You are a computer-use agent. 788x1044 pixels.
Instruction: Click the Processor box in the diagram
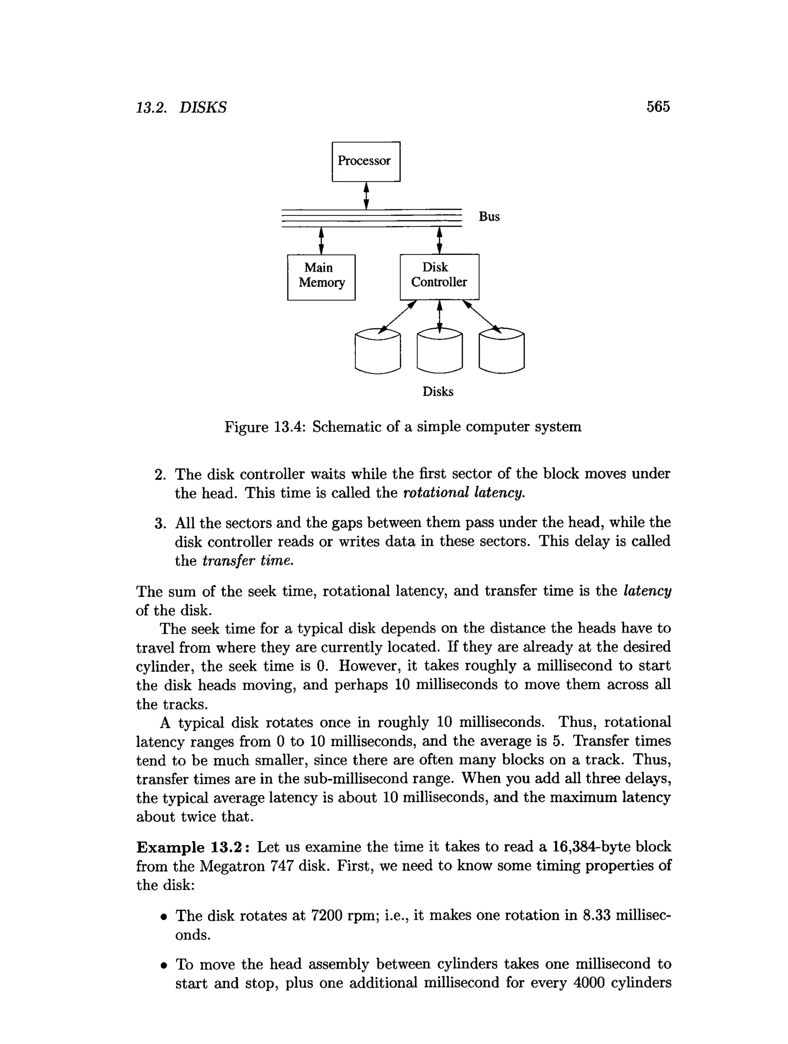[x=366, y=161]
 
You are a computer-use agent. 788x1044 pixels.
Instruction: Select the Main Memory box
[x=321, y=277]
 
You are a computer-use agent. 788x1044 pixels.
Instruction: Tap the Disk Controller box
[x=439, y=277]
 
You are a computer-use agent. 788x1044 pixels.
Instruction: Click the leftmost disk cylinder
[x=377, y=352]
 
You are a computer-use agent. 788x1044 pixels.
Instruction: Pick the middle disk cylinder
[x=440, y=352]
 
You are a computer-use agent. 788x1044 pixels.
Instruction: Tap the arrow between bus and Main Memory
[x=321, y=241]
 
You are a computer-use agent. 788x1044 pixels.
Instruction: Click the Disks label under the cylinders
[x=438, y=392]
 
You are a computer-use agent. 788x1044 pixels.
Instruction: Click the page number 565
[x=658, y=107]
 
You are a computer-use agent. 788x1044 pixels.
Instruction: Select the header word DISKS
[x=203, y=108]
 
